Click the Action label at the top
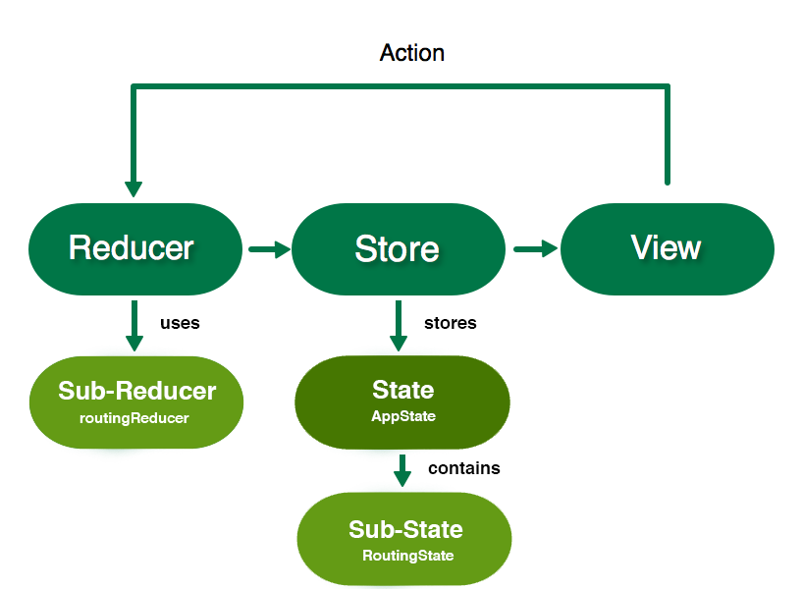pos(411,53)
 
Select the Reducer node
pos(135,249)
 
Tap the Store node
pos(399,249)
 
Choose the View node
pos(668,249)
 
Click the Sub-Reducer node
pos(136,402)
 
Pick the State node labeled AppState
pos(402,402)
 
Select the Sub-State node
pos(404,539)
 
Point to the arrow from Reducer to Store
pos(270,249)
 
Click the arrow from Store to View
pos(536,249)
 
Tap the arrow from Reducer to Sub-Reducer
pos(134,326)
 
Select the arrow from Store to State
pos(399,326)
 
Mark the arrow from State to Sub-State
pos(402,470)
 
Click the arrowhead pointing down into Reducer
pos(134,189)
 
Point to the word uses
pos(180,323)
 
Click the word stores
pos(451,323)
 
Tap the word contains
pos(464,468)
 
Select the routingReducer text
pos(134,418)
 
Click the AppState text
pos(403,416)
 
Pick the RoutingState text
pos(408,556)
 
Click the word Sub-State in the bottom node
pos(405,529)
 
